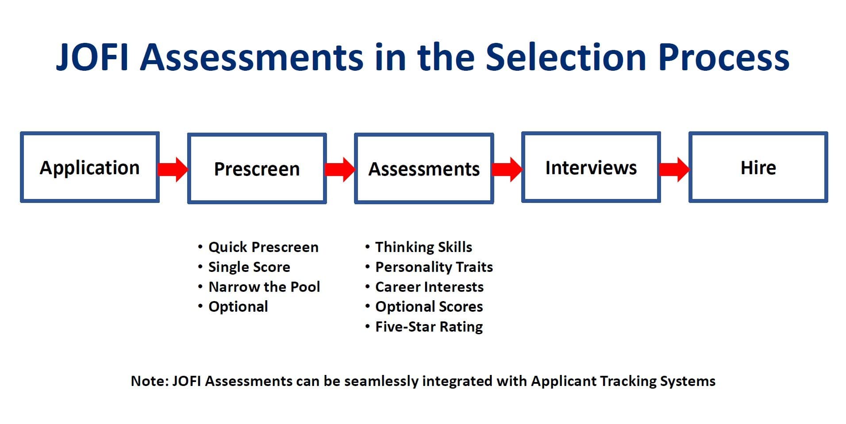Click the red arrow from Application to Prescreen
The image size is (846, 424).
pyautogui.click(x=173, y=169)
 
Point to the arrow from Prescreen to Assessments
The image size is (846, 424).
pyautogui.click(x=340, y=169)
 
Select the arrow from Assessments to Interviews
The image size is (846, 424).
pyautogui.click(x=507, y=169)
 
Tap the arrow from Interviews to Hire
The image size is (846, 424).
pyautogui.click(x=674, y=169)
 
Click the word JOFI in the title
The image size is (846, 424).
pyautogui.click(x=92, y=57)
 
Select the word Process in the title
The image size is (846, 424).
pyautogui.click(x=724, y=57)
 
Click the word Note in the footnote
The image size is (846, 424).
pyautogui.click(x=148, y=381)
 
